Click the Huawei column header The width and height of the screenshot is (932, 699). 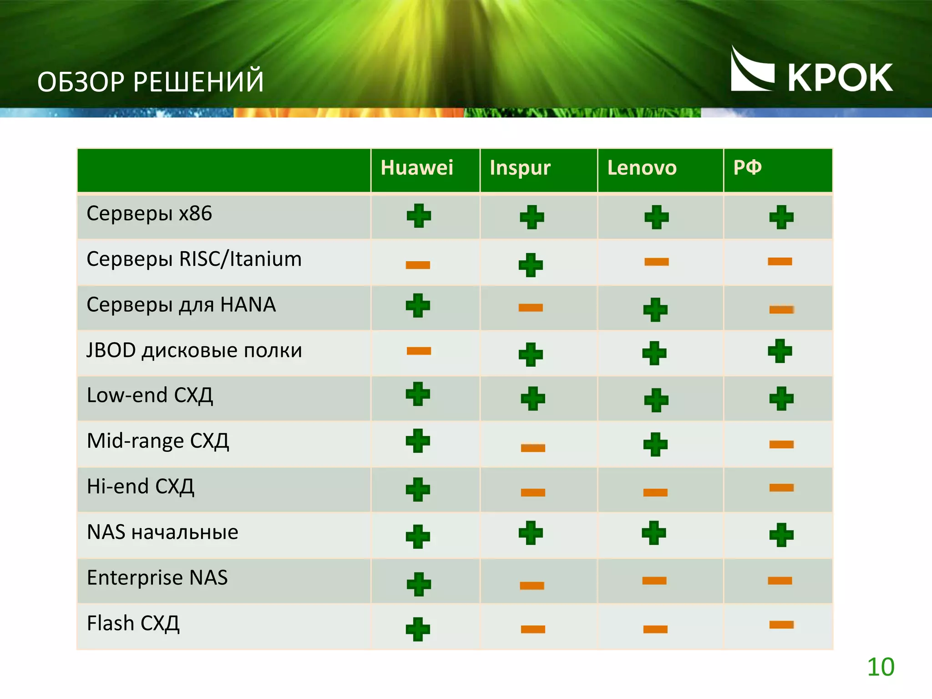click(x=417, y=168)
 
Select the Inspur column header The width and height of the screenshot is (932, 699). click(x=520, y=168)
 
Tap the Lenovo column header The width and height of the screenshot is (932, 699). click(x=642, y=168)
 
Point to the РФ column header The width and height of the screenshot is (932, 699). click(x=747, y=167)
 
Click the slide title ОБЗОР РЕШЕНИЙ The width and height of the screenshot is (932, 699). click(x=151, y=82)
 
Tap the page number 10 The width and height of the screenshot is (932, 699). click(x=881, y=667)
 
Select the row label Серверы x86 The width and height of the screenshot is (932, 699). click(x=149, y=213)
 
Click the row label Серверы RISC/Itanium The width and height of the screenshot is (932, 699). click(x=194, y=259)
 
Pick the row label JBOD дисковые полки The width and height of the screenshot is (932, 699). click(x=194, y=350)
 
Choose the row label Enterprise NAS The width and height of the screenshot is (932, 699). click(x=157, y=577)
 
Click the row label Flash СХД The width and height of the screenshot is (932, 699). click(x=133, y=623)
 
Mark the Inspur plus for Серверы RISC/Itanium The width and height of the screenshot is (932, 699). click(x=531, y=265)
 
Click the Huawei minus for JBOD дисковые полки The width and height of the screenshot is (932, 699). click(x=419, y=350)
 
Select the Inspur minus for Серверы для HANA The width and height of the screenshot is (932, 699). click(x=531, y=308)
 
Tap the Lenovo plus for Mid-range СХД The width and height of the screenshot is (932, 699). click(x=655, y=444)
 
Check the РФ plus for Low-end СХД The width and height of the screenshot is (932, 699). click(x=781, y=399)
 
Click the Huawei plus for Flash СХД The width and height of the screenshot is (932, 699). click(x=418, y=629)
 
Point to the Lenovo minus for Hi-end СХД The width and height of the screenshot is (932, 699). click(x=655, y=492)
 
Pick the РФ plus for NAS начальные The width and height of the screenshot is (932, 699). click(x=781, y=535)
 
